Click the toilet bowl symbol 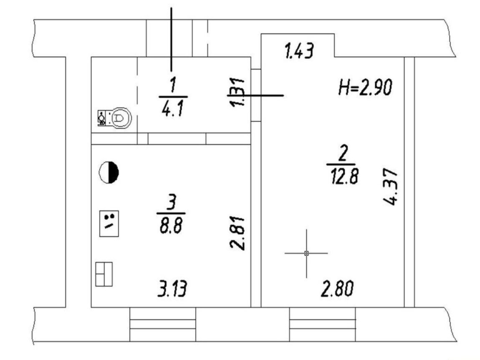coord(115,118)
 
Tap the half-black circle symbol coord(109,172)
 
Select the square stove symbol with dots coord(109,223)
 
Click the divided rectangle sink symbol coord(104,274)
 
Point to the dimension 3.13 coord(172,289)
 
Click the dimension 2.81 coord(237,233)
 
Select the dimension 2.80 coord(337,289)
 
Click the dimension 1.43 coord(299,51)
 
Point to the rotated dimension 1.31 coord(237,92)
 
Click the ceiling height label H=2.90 coord(365,87)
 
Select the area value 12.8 coord(344,176)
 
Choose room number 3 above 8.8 coord(172,202)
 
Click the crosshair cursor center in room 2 coord(306,253)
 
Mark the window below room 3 coord(162,324)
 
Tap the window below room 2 coord(323,324)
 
